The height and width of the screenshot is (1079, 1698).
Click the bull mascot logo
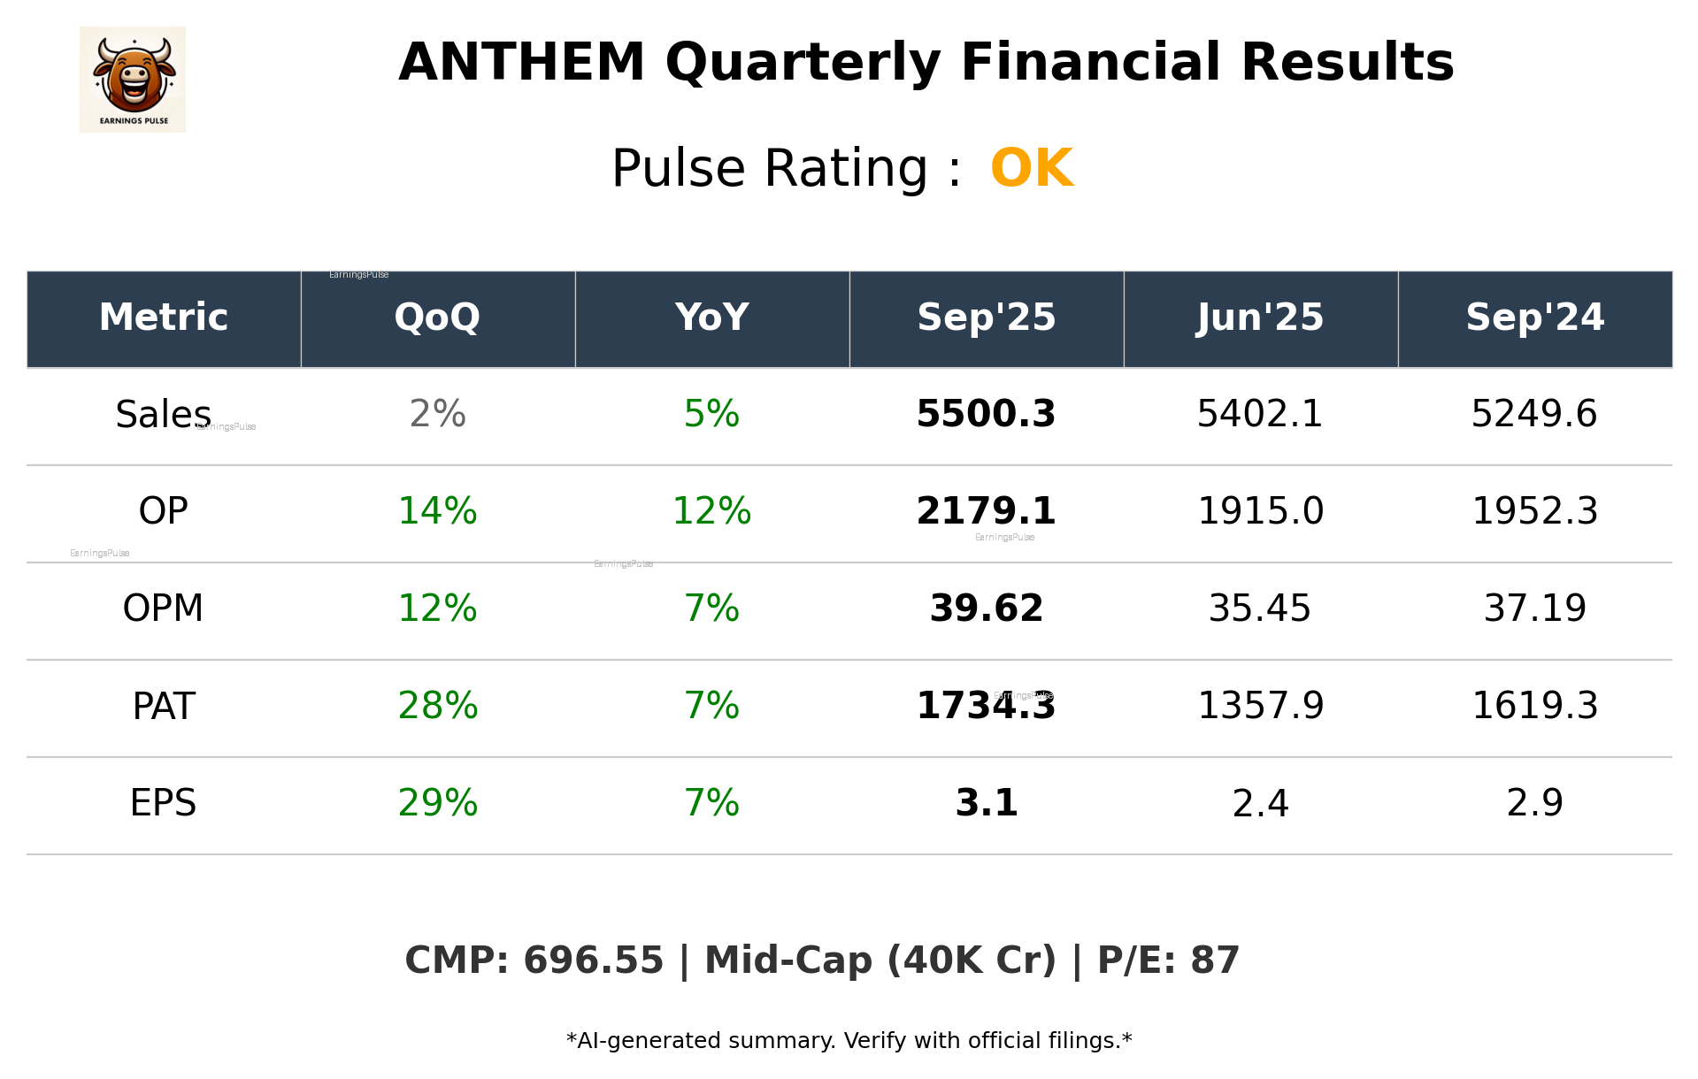pos(133,80)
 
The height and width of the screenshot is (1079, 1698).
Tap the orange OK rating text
pos(1032,168)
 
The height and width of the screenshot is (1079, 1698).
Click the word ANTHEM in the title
pos(521,63)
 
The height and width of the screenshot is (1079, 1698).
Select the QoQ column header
pos(437,318)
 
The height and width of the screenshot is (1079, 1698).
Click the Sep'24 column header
pos(1534,318)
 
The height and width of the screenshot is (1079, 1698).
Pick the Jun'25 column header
pos(1260,318)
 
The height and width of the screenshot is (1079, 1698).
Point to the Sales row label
pos(163,414)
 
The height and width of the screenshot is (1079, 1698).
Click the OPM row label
pos(163,608)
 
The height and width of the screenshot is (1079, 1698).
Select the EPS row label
pos(163,803)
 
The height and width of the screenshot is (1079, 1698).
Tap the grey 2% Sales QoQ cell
pos(437,414)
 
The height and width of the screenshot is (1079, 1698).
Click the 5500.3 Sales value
pos(986,414)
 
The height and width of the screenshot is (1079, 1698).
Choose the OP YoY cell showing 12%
pos(711,511)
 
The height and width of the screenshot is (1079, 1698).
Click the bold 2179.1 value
pos(986,511)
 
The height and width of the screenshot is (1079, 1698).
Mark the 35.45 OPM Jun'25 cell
pos(1260,608)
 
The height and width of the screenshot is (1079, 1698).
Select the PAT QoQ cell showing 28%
pos(437,706)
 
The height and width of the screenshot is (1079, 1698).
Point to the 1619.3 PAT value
pos(1534,706)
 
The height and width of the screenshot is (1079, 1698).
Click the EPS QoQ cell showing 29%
pos(437,803)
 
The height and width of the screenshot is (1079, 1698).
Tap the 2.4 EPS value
pos(1260,803)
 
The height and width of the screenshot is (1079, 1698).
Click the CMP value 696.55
pos(593,960)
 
